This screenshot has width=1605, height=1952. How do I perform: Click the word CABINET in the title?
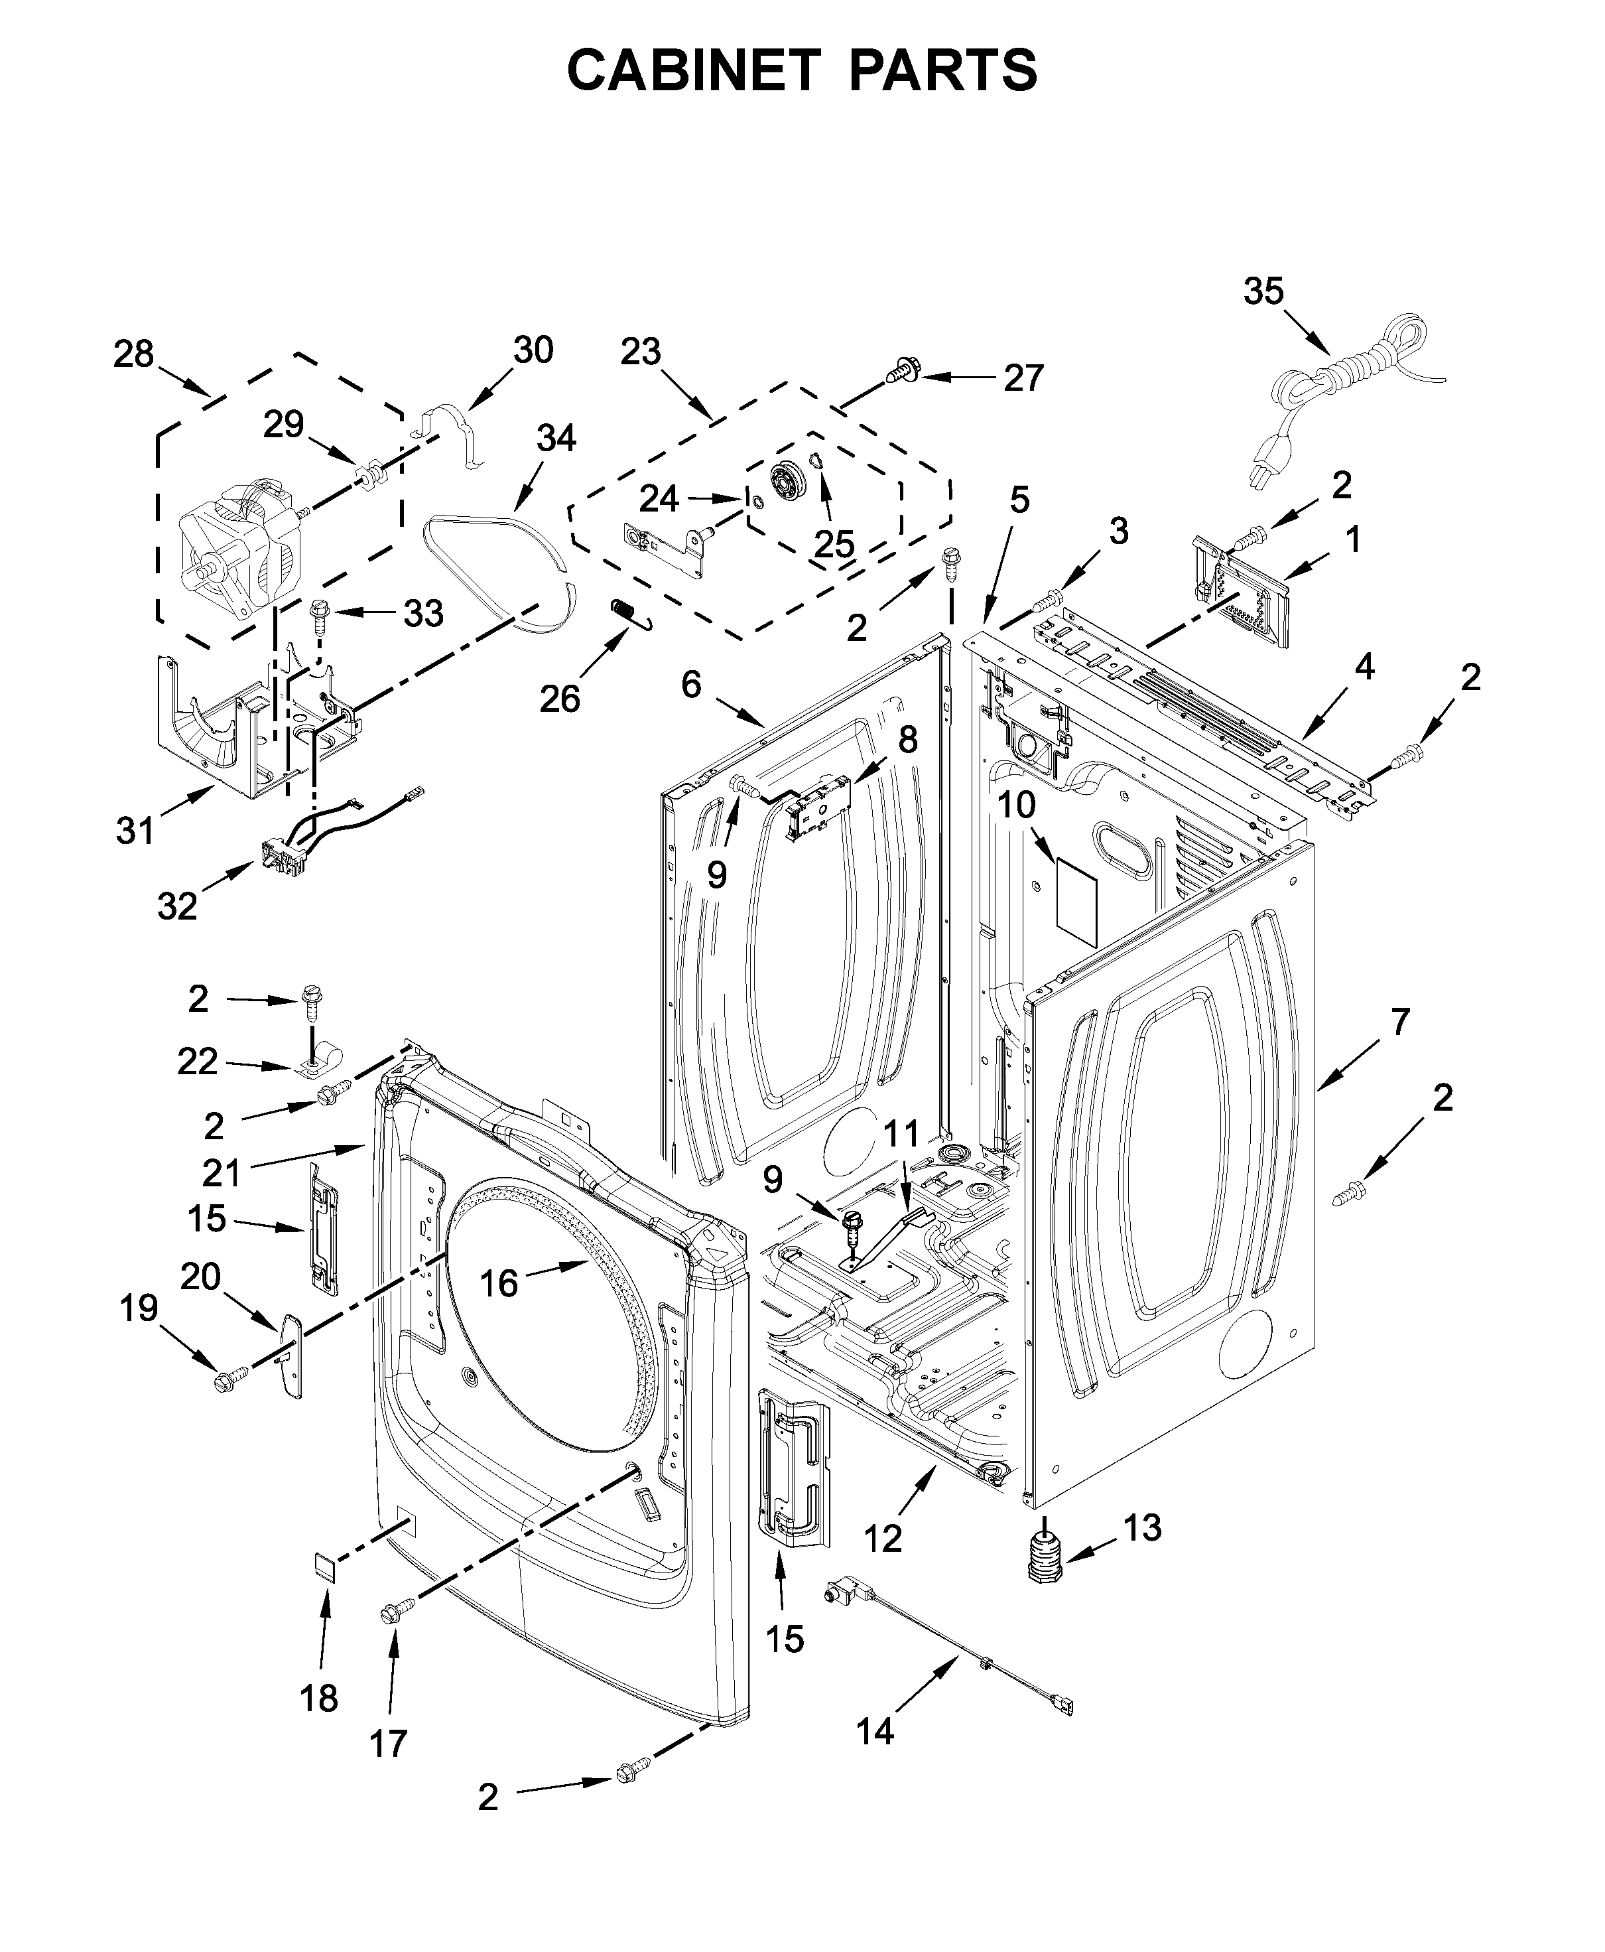(694, 70)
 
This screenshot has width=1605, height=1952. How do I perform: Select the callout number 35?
(1263, 291)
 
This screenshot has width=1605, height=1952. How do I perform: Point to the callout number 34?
(556, 437)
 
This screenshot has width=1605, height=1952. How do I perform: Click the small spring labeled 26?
(631, 613)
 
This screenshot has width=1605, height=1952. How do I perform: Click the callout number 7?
(1400, 1022)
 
